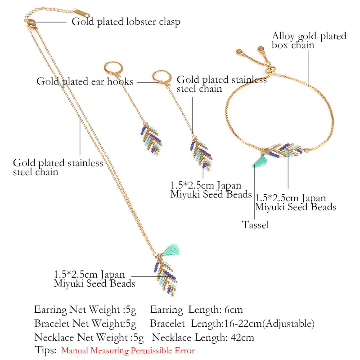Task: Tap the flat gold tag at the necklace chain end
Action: point(82,13)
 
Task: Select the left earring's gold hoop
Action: point(113,68)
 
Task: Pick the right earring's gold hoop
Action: point(162,77)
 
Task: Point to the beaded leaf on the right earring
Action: point(201,153)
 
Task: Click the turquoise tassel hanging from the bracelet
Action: point(261,161)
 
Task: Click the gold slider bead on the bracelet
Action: point(270,70)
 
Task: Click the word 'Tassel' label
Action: point(255,225)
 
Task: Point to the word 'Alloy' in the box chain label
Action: point(283,36)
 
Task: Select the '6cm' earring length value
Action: point(234,310)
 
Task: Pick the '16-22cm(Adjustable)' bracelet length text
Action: point(269,324)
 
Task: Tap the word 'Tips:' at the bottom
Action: point(45,351)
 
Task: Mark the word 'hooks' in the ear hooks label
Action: point(120,81)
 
